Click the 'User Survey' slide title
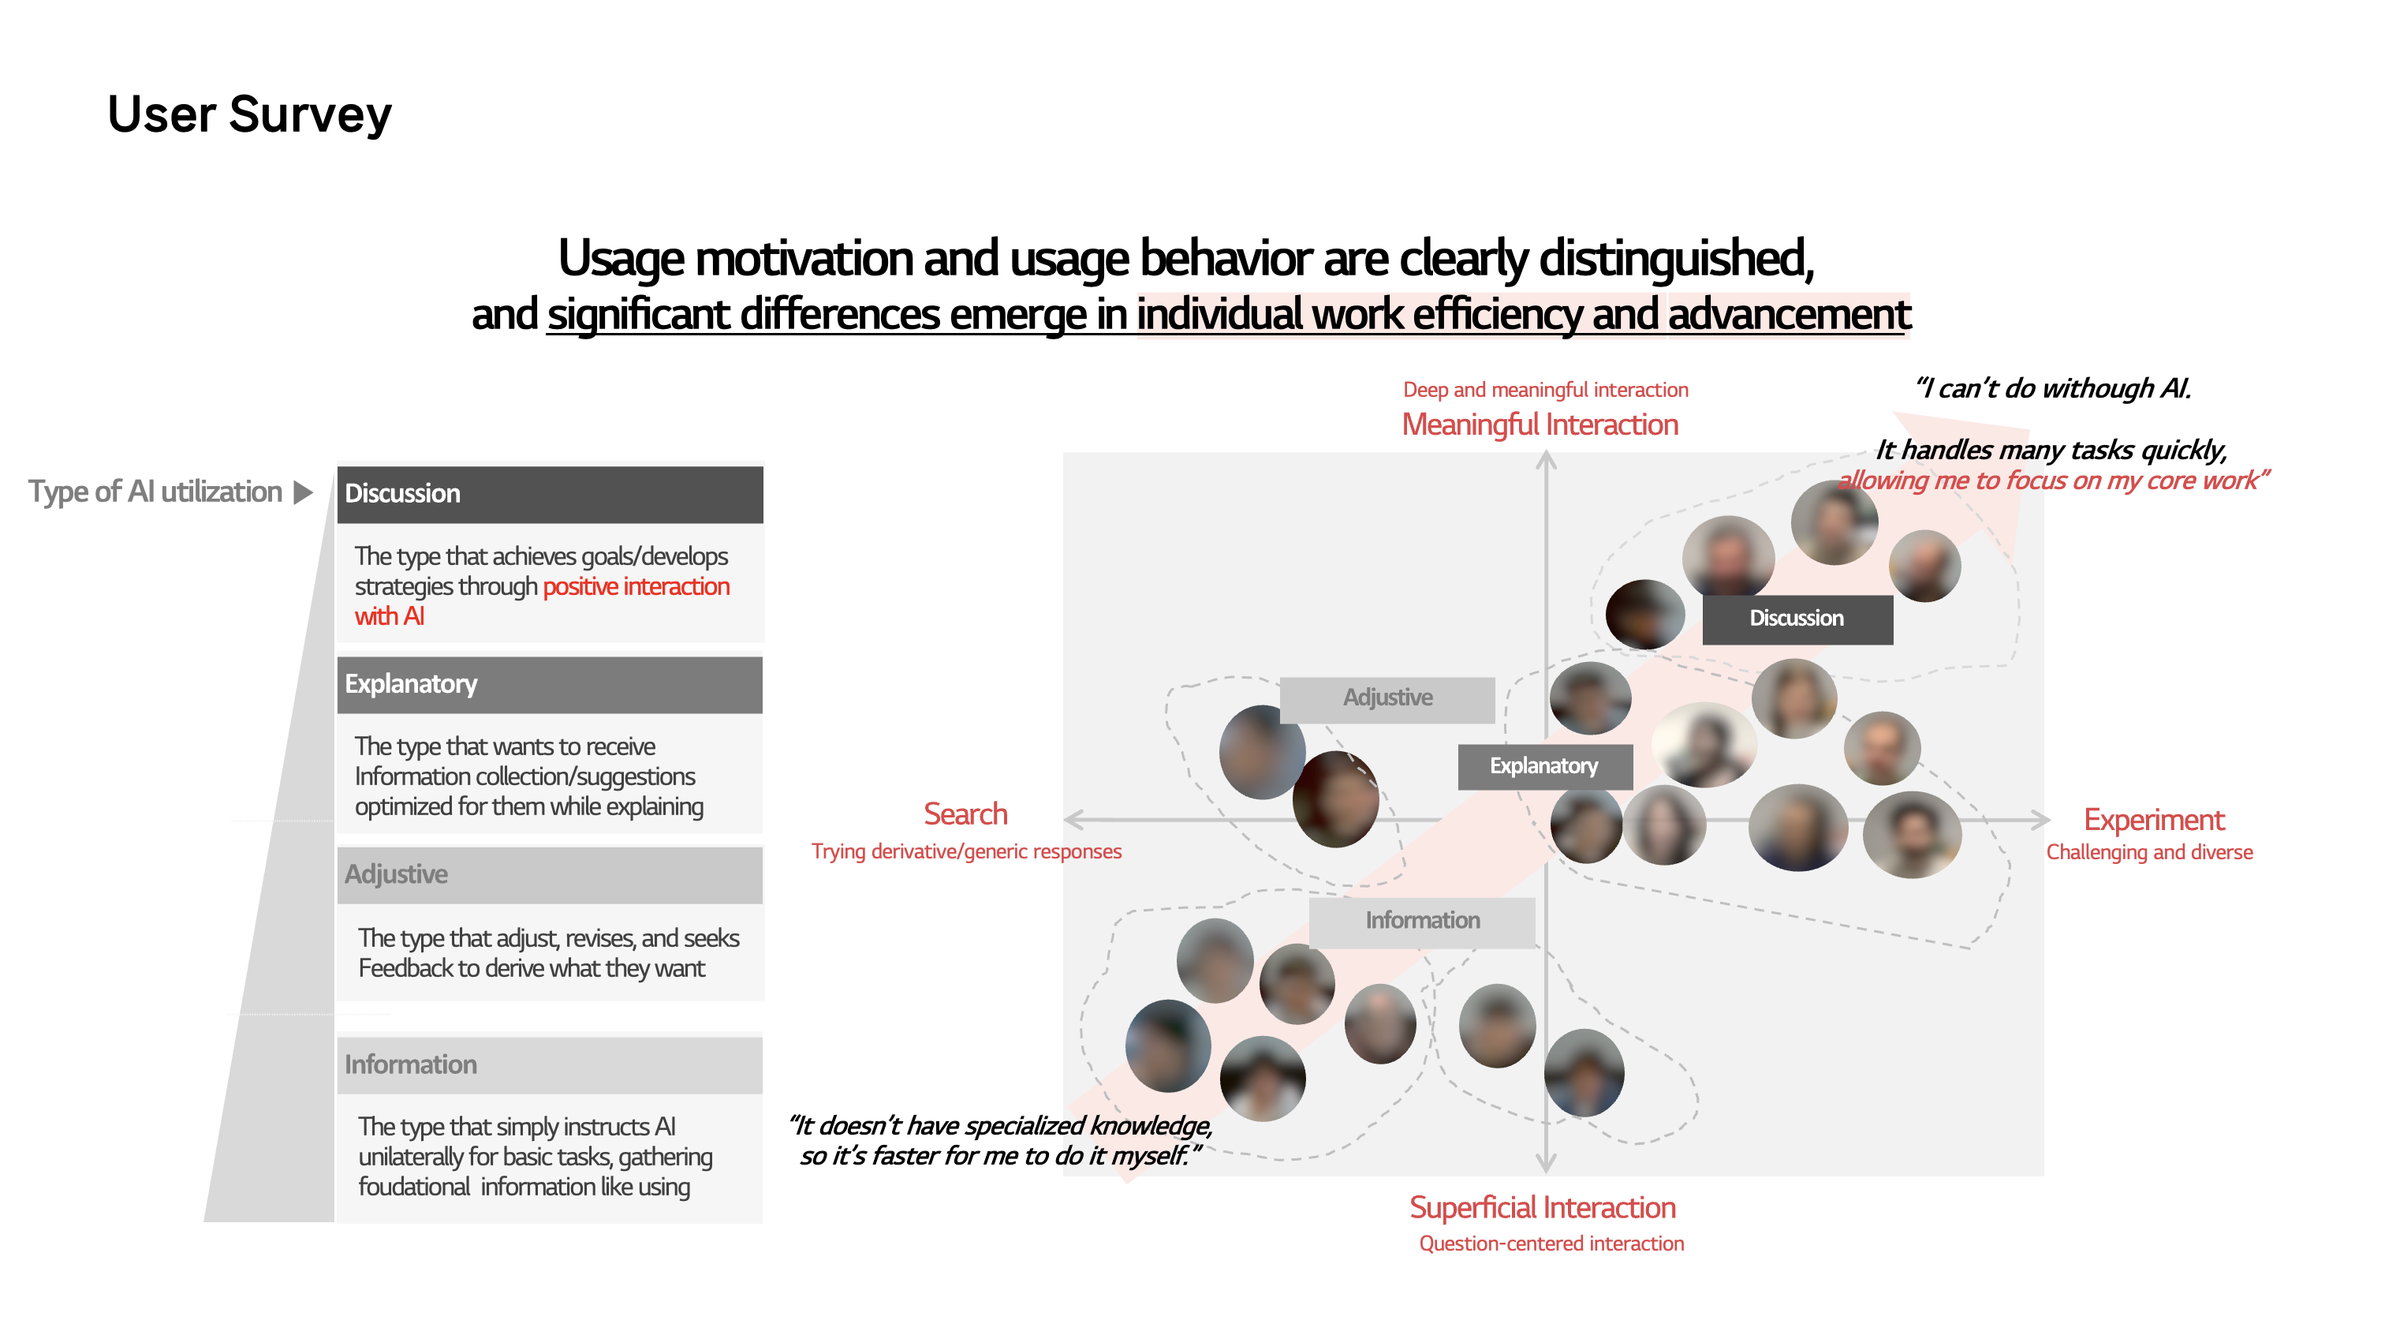[250, 115]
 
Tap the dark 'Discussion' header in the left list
[550, 495]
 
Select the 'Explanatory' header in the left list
[550, 685]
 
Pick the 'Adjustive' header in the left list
[550, 875]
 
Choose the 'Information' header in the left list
[550, 1065]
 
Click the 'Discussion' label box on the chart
[1797, 619]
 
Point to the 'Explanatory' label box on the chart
[1544, 767]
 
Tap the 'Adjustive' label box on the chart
[1387, 699]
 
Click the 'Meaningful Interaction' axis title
[1540, 425]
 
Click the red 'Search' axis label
[965, 815]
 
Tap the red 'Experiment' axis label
[2154, 821]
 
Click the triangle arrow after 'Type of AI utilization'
[303, 492]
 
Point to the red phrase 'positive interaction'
[636, 587]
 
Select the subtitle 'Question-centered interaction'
[1551, 1244]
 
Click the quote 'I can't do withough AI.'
[2054, 389]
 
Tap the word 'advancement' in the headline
[1790, 315]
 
